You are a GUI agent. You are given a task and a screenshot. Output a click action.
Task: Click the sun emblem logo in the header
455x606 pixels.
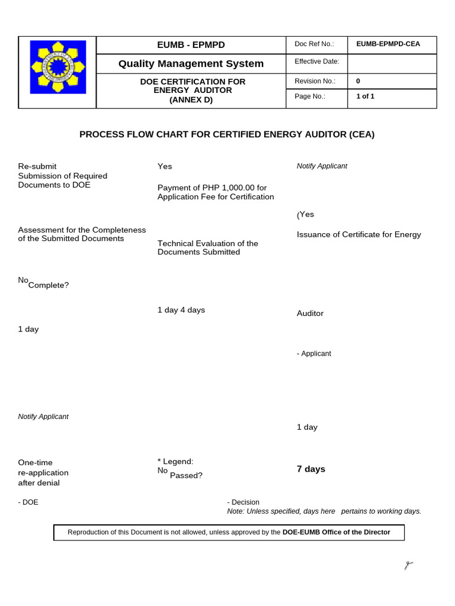pyautogui.click(x=57, y=67)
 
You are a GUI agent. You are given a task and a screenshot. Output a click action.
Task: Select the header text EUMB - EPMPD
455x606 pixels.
pyautogui.click(x=191, y=45)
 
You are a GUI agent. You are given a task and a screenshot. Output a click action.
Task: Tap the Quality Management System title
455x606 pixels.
pyautogui.click(x=191, y=63)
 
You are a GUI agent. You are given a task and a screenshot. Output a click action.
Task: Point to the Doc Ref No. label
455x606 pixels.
pyautogui.click(x=314, y=44)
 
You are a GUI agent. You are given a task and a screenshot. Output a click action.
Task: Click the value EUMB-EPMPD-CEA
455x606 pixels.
pyautogui.click(x=388, y=44)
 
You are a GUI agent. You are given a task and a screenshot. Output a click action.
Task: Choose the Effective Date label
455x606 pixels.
pyautogui.click(x=317, y=62)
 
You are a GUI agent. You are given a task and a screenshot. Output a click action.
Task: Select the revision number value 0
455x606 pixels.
pyautogui.click(x=358, y=81)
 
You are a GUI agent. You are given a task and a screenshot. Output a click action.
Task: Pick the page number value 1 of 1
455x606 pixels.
pyautogui.click(x=365, y=96)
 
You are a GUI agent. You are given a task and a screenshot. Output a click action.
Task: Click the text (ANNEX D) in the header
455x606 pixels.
pyautogui.click(x=191, y=99)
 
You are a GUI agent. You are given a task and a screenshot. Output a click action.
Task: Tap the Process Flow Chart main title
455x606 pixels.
pyautogui.click(x=227, y=134)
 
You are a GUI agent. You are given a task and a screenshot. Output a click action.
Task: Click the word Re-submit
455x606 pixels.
pyautogui.click(x=37, y=166)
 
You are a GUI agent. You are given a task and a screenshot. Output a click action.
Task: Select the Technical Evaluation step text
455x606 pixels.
pyautogui.click(x=207, y=247)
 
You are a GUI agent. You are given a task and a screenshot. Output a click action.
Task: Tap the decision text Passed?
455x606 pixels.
pyautogui.click(x=186, y=475)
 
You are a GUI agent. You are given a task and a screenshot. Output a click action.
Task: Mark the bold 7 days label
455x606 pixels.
pyautogui.click(x=310, y=469)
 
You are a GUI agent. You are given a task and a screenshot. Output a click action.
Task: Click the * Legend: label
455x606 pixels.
pyautogui.click(x=175, y=461)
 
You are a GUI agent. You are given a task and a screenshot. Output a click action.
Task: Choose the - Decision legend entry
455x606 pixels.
pyautogui.click(x=243, y=502)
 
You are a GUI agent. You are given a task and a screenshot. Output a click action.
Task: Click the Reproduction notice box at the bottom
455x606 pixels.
pyautogui.click(x=229, y=532)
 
